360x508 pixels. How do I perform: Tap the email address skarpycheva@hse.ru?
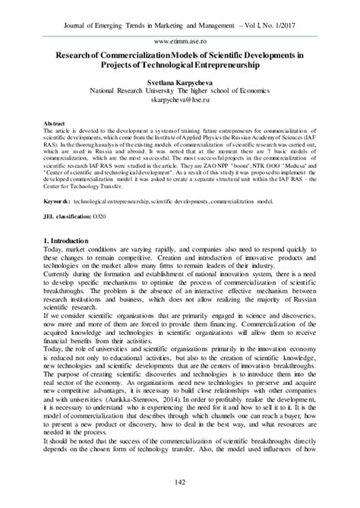(179, 99)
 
